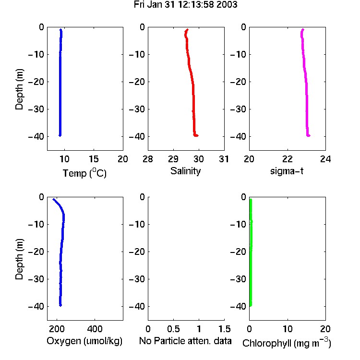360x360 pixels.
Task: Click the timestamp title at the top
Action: pos(185,4)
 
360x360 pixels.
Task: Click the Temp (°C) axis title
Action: pos(84,173)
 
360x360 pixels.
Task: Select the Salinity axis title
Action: pos(185,171)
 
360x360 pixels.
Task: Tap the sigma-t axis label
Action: pos(287,171)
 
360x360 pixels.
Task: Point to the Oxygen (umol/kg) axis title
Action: pos(84,341)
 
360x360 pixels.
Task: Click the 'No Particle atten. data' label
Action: pos(185,341)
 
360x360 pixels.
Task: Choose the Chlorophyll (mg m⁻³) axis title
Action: pos(287,343)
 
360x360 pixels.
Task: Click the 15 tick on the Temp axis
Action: pos(94,159)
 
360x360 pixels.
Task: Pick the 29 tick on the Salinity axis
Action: pos(173,159)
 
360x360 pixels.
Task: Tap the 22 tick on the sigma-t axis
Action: pos(288,159)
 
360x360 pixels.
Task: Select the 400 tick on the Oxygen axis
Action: pos(95,329)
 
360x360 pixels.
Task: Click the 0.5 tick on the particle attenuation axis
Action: pos(173,329)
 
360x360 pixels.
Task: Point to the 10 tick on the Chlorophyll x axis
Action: pos(288,329)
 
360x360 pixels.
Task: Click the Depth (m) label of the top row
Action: pos(19,89)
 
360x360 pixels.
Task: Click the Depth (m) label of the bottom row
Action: pos(19,259)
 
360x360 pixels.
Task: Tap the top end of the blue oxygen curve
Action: pos(53,199)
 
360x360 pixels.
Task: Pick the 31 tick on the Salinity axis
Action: pos(224,159)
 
